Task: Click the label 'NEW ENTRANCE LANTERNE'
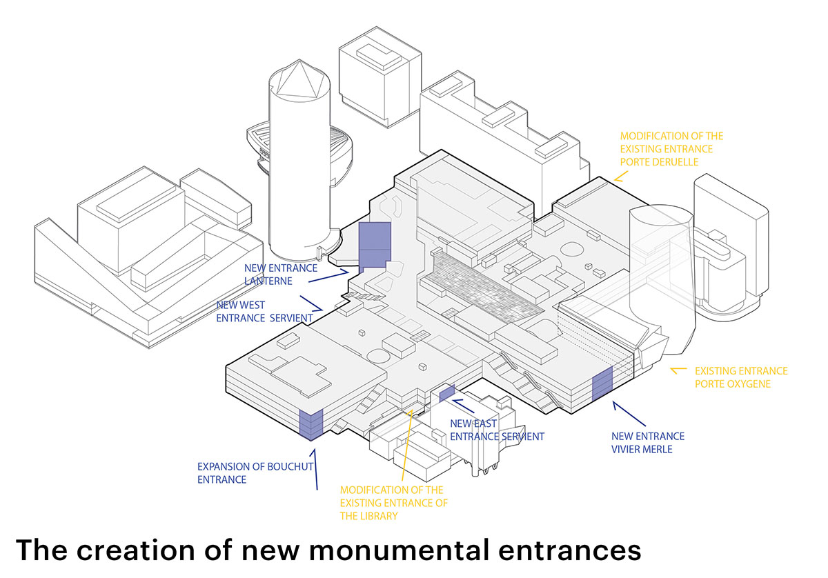click(281, 274)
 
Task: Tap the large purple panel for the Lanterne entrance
click(375, 245)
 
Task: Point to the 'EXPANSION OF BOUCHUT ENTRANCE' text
click(255, 472)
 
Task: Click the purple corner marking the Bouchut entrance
click(310, 422)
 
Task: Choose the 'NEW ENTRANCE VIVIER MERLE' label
click(648, 442)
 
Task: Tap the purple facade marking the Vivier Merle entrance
click(602, 384)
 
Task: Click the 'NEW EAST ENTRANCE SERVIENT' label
click(497, 430)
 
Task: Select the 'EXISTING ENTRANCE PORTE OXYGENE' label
click(741, 377)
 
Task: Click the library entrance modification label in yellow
click(393, 503)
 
